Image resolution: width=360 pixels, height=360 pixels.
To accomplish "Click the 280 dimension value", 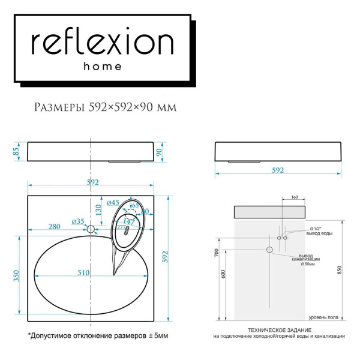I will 55,226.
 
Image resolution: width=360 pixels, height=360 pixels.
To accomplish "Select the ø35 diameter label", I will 78,221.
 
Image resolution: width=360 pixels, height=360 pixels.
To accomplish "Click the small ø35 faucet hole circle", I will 91,229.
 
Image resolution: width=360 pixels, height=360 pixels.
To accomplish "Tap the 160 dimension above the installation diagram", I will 294,197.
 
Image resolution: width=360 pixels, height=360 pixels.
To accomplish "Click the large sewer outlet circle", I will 269,250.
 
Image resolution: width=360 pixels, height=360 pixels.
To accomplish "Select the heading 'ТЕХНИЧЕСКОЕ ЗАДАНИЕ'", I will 278,331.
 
